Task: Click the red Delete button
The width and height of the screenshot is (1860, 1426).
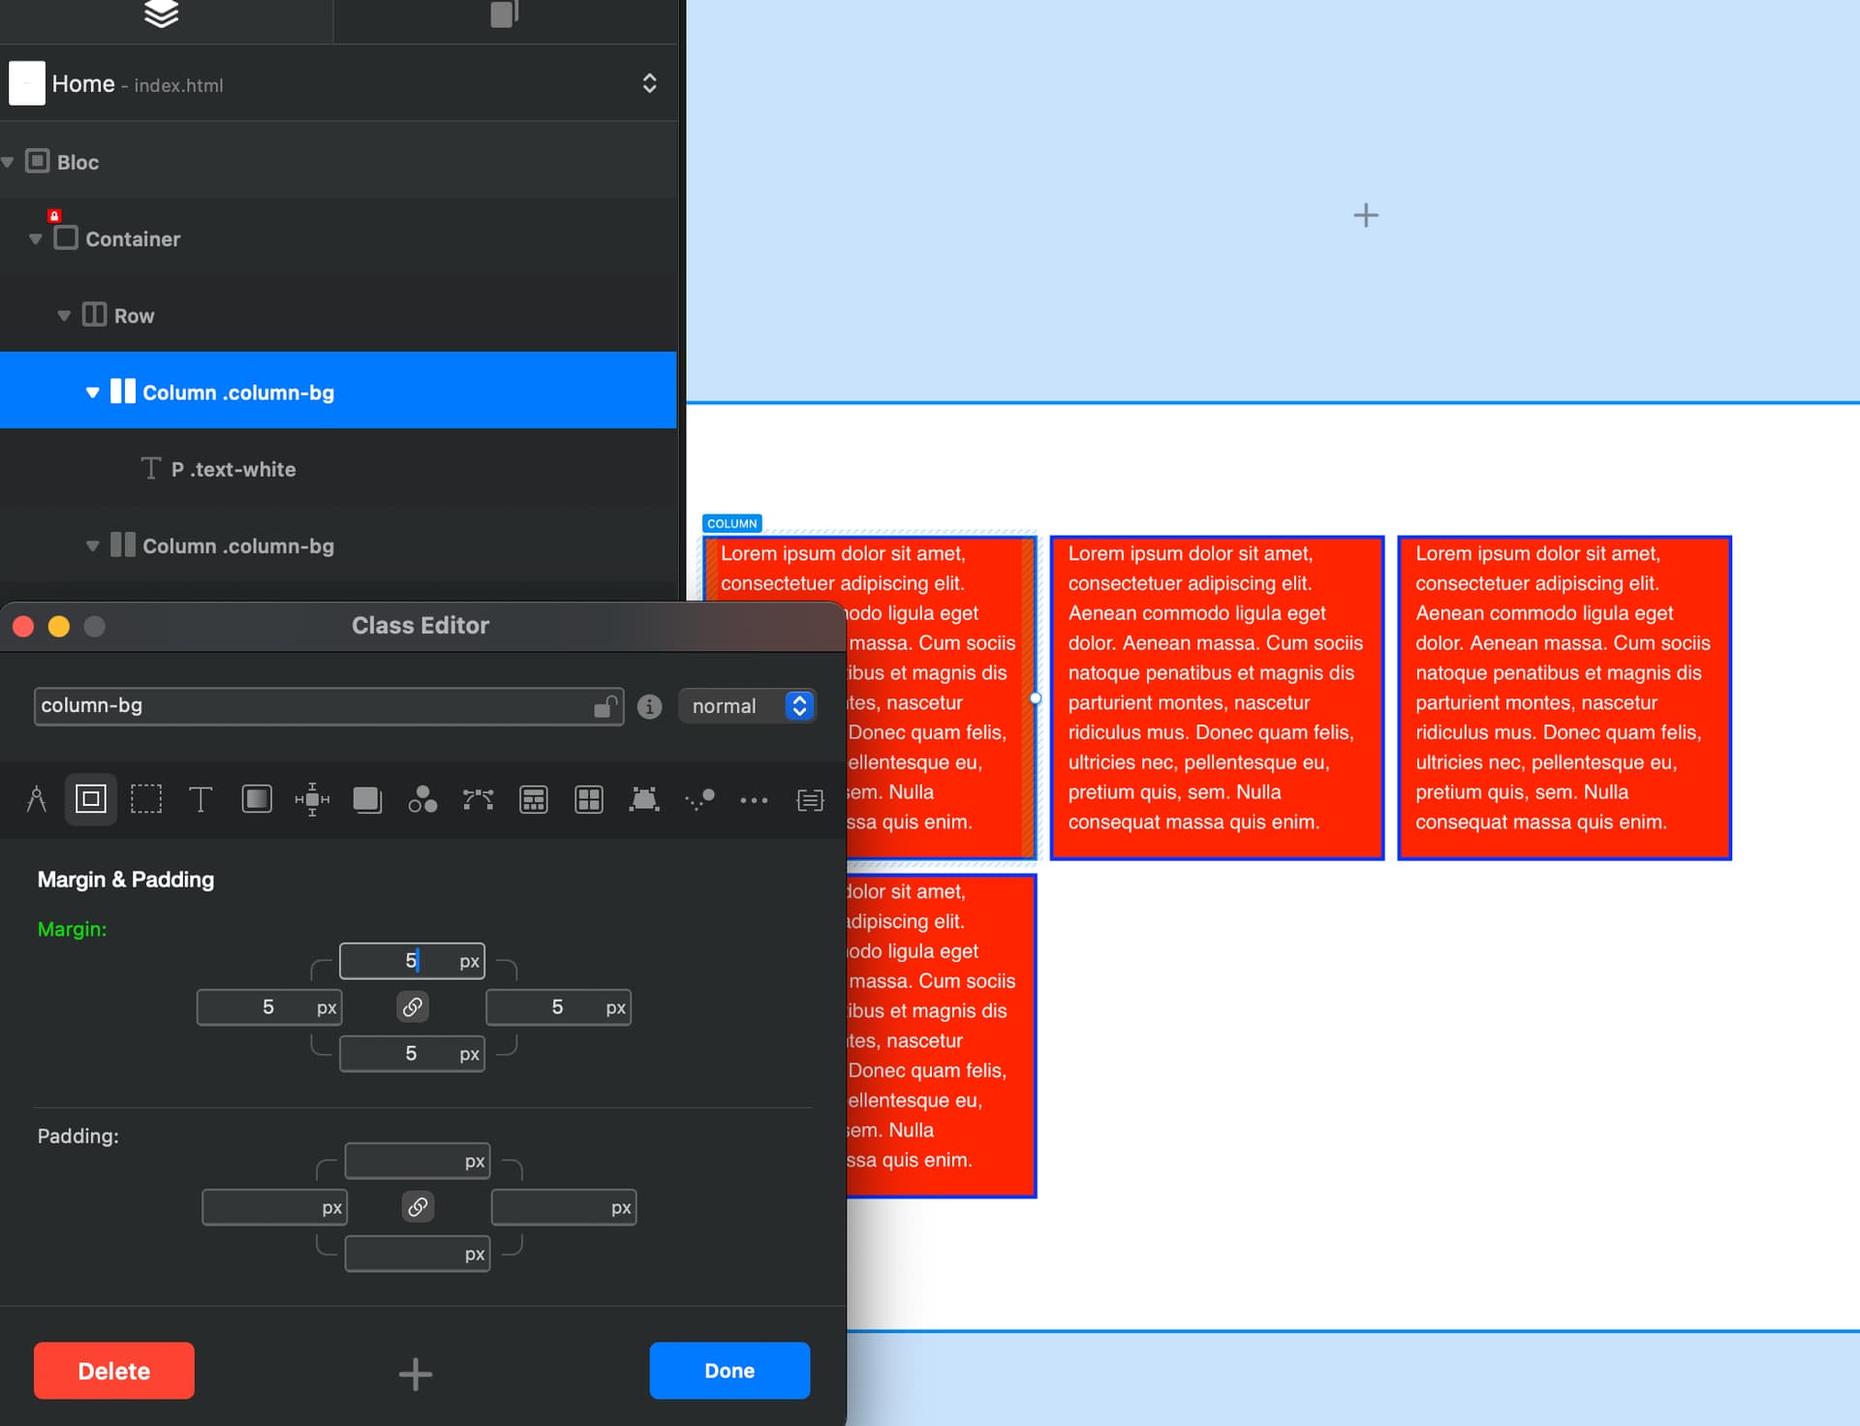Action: [x=113, y=1371]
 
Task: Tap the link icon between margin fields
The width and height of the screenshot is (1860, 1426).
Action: [x=413, y=1007]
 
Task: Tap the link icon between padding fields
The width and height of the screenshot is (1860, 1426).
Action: [x=418, y=1207]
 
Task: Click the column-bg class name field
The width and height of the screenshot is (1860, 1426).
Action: [x=310, y=706]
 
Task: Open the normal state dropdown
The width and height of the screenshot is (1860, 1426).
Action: [x=747, y=706]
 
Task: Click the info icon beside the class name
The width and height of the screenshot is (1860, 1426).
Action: [x=650, y=707]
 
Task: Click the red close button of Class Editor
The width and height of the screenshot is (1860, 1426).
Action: [x=23, y=627]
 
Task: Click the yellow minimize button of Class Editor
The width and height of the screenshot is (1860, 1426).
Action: [x=59, y=627]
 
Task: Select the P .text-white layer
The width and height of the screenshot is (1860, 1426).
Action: [x=232, y=470]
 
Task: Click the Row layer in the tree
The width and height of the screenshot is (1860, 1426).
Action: [x=134, y=316]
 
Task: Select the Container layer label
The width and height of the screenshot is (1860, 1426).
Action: [x=133, y=239]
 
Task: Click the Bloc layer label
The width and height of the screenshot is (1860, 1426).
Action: [x=77, y=163]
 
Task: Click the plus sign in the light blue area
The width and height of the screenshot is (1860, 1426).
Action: [x=1366, y=215]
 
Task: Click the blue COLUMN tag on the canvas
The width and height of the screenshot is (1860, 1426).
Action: [x=731, y=524]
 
